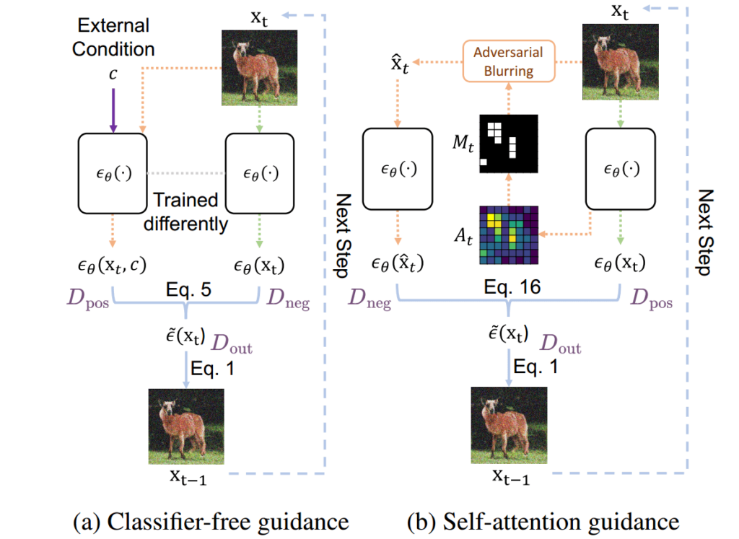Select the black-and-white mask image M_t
pos(509,144)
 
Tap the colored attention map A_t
pos(509,236)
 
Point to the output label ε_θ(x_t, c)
pos(113,266)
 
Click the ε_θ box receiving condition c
pos(113,173)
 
